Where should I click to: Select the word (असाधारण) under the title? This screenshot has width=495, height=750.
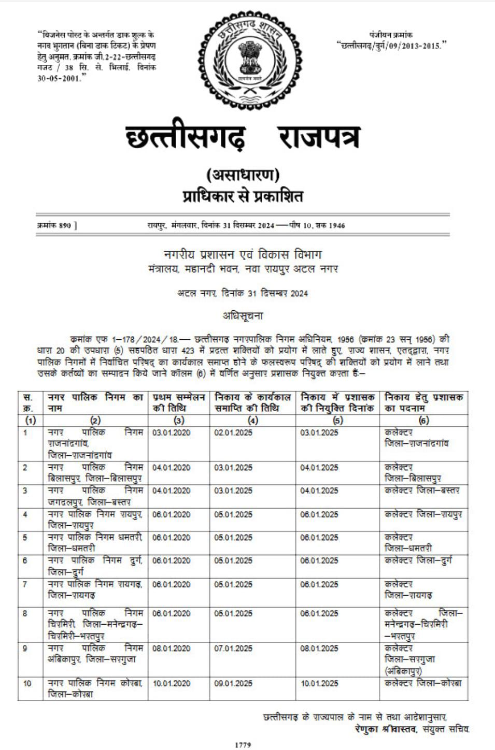(x=243, y=176)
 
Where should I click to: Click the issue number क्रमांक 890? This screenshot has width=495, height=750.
(x=56, y=225)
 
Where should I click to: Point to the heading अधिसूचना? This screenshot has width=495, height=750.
(x=243, y=315)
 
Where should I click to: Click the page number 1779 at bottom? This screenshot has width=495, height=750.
(x=243, y=745)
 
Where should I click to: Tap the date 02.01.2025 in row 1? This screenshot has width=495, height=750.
(x=233, y=432)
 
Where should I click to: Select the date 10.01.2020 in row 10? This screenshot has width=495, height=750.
(x=171, y=684)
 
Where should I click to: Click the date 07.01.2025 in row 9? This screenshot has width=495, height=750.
(x=233, y=648)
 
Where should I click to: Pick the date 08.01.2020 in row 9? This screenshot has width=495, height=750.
(x=171, y=648)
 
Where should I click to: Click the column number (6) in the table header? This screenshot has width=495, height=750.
(x=423, y=421)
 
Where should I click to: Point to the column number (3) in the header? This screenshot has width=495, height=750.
(x=179, y=421)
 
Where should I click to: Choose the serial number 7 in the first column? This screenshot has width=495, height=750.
(x=25, y=584)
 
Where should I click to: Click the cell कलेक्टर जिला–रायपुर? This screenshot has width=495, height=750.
(x=423, y=515)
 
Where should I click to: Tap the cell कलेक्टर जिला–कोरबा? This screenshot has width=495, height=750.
(x=423, y=684)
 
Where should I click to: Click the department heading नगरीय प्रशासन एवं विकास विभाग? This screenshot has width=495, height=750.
(x=243, y=255)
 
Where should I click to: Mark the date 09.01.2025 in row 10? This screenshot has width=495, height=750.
(x=233, y=684)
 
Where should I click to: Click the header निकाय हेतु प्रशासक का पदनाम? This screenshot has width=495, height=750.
(x=423, y=402)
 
